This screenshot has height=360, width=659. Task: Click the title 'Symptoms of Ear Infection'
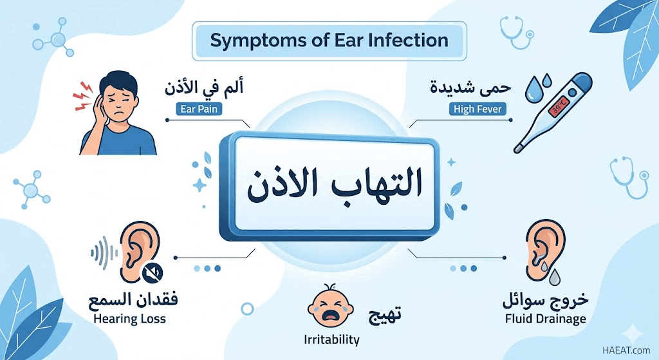click(329, 41)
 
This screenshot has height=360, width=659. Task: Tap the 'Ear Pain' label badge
click(199, 109)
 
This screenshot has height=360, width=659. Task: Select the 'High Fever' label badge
click(478, 109)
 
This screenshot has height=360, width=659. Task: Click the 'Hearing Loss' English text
click(129, 319)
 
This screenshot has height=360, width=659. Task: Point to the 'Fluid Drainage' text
click(546, 319)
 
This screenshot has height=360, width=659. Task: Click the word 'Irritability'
click(331, 339)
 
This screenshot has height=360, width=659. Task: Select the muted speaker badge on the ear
click(153, 272)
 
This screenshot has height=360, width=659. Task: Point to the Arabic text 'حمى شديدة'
click(470, 88)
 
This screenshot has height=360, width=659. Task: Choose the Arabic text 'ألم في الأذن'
click(204, 88)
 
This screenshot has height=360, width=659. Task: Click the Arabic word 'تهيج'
click(385, 314)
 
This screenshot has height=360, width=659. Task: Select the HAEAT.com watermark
click(626, 350)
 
